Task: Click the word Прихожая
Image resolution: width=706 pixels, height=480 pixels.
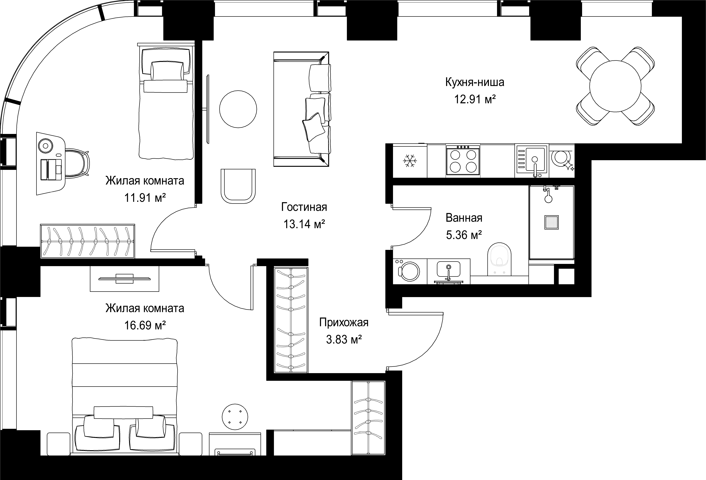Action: [344, 322]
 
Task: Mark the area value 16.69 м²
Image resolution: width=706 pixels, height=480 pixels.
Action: [145, 325]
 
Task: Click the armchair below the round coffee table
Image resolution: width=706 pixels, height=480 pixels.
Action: [238, 186]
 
